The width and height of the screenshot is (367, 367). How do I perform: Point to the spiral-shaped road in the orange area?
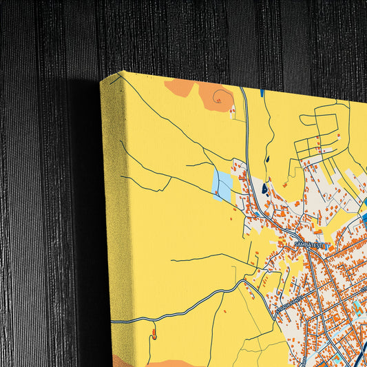[219, 97]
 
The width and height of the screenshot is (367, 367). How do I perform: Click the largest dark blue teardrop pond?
[264, 187]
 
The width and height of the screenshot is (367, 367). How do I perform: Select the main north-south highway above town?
[246, 138]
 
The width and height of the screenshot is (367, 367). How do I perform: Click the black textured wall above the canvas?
[207, 34]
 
